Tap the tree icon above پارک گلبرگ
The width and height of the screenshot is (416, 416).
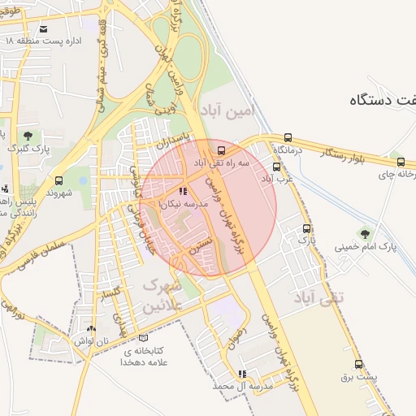tap(28, 136)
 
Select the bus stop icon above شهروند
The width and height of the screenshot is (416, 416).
tap(58, 180)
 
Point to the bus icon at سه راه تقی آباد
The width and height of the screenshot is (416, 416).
tap(222, 151)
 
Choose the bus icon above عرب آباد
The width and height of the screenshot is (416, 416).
tap(276, 167)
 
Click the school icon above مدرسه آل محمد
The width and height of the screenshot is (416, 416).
tap(241, 374)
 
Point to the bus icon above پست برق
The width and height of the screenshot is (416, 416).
tap(358, 365)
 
